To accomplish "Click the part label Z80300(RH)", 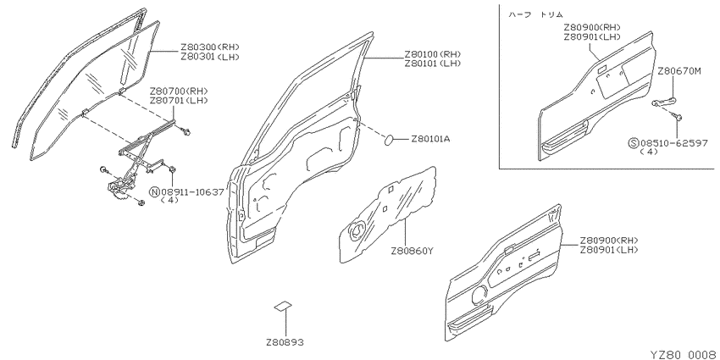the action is coord(210,47).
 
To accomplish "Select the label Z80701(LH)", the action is coord(178,100).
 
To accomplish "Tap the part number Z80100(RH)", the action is coord(433,54).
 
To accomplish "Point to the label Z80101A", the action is coord(430,139).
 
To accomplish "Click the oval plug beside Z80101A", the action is coord(390,140).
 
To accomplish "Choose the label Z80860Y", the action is coord(412,252).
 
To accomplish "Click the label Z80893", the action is coord(285,342).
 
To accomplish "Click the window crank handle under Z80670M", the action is coord(663,102).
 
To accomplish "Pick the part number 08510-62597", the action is coord(673,143).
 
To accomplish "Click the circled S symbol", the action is coord(634,143).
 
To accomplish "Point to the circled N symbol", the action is coord(155,192).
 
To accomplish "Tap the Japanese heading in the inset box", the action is coord(535,14).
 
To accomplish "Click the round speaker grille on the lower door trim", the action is coord(479,293).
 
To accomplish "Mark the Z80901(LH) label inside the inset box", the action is coord(593,36).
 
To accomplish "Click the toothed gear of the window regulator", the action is coord(119,197).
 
